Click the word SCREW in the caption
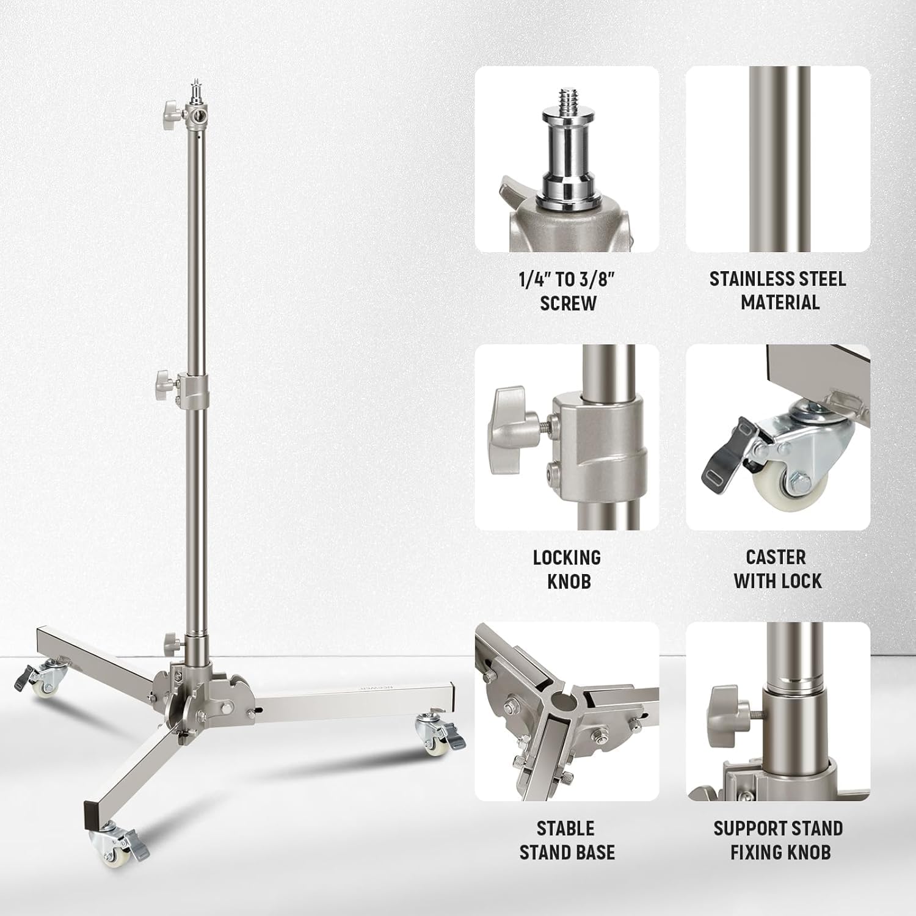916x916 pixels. pos(568,304)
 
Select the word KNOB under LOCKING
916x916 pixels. pos(569,581)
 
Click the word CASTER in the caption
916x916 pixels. pos(776,557)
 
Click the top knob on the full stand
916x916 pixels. pos(169,110)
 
